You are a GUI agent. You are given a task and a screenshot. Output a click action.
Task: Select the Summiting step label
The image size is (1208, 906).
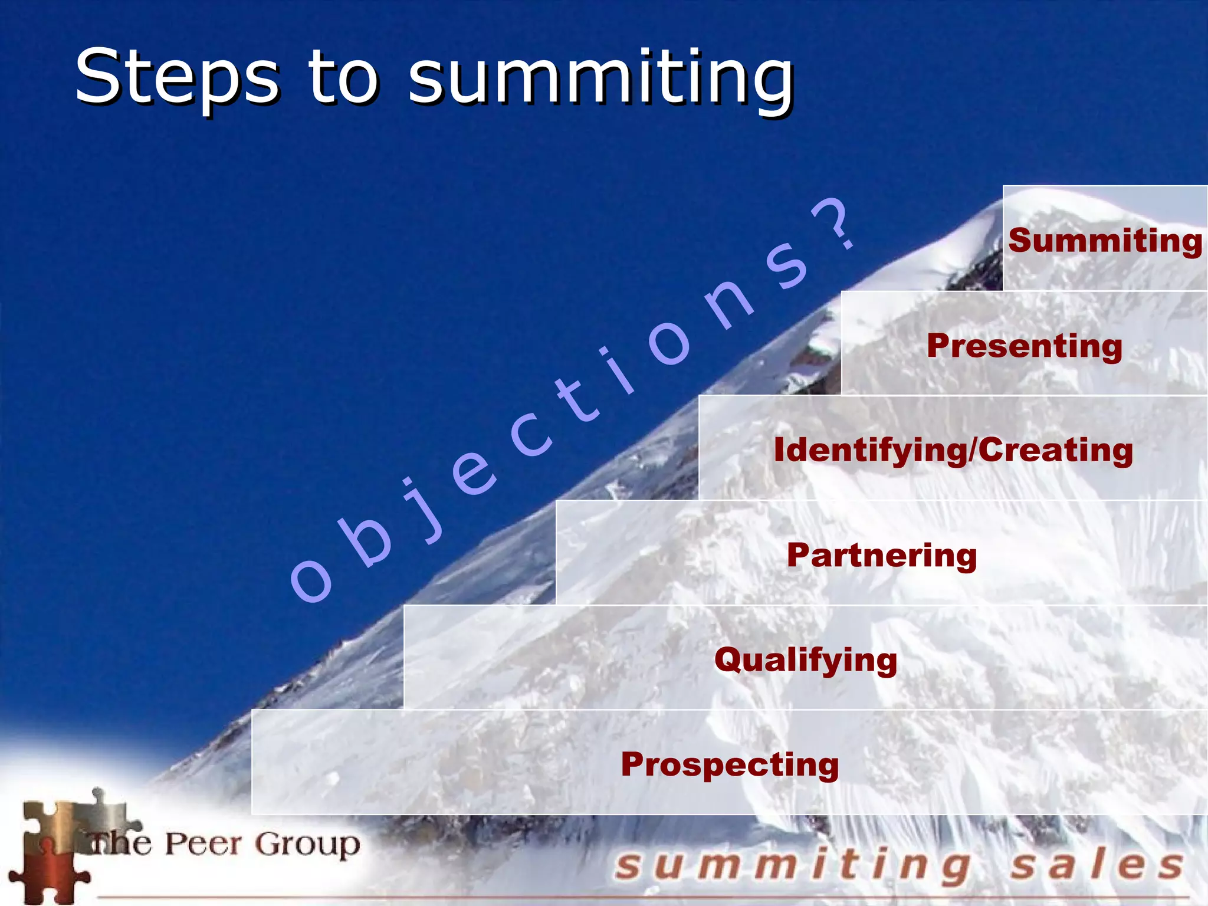tap(1105, 241)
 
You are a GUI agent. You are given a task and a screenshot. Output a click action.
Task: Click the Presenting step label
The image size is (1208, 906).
tap(1025, 346)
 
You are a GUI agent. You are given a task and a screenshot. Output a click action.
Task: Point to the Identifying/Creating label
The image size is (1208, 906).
tap(953, 450)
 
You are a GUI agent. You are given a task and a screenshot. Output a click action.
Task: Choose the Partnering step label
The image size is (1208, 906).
tap(882, 555)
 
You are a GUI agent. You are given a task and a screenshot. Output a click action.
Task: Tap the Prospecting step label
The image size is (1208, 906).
tap(730, 764)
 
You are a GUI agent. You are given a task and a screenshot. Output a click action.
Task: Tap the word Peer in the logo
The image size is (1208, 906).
tap(203, 844)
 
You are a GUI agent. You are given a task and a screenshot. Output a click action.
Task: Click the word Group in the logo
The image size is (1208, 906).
tap(307, 845)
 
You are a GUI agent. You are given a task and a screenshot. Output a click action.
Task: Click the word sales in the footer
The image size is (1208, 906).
tap(1097, 865)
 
